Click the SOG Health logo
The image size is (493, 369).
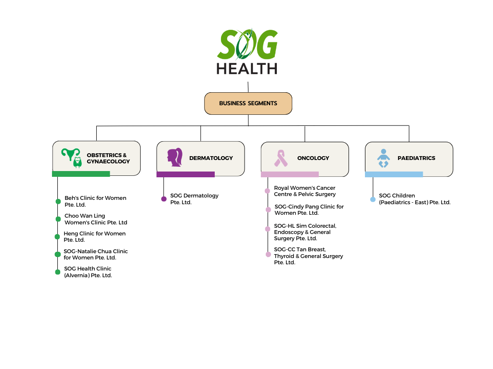247,51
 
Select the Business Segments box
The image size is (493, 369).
248,103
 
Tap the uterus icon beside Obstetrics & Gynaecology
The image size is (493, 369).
72,158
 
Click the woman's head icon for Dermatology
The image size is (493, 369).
175,157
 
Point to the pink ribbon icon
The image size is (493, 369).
281,158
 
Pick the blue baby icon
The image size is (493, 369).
383,158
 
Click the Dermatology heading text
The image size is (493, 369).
211,158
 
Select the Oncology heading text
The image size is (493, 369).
313,158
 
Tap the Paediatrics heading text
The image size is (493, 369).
416,158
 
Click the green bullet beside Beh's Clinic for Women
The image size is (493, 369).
58,201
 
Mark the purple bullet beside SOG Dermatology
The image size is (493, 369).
164,199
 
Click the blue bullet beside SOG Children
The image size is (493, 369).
373,199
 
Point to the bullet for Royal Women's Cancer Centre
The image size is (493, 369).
267,191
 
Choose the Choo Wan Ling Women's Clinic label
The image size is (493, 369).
96,219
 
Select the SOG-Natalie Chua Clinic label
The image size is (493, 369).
96,255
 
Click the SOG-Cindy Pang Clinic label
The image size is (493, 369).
309,209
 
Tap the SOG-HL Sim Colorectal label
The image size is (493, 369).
305,232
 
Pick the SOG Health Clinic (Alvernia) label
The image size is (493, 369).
88,272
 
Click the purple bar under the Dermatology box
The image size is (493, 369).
185,174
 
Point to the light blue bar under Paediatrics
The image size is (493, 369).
394,174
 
